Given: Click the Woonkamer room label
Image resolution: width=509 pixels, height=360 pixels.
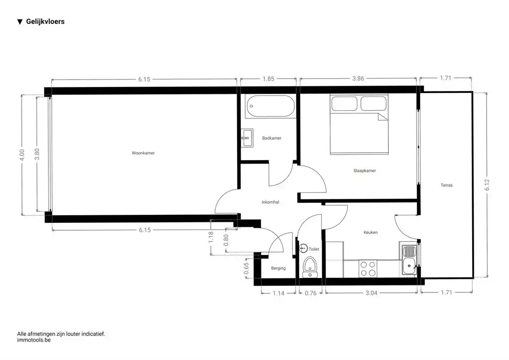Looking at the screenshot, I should point(143,153).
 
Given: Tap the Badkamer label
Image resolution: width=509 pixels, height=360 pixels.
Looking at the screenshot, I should point(272,138).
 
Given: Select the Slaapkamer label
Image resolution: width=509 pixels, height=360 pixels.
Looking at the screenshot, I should point(364,171).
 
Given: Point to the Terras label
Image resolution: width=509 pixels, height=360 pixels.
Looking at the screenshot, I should point(446,185).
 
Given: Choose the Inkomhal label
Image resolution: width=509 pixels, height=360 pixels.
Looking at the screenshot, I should point(270,202).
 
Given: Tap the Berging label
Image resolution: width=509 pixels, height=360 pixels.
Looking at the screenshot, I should point(278,269).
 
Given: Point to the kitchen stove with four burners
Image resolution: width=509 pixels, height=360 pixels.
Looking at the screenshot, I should point(368,269).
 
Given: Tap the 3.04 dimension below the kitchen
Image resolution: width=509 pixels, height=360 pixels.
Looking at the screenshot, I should point(370,293).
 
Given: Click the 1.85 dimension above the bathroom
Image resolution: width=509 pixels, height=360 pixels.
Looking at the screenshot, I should point(268,79).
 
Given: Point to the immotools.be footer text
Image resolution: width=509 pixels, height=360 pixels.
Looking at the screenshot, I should point(34,340).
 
